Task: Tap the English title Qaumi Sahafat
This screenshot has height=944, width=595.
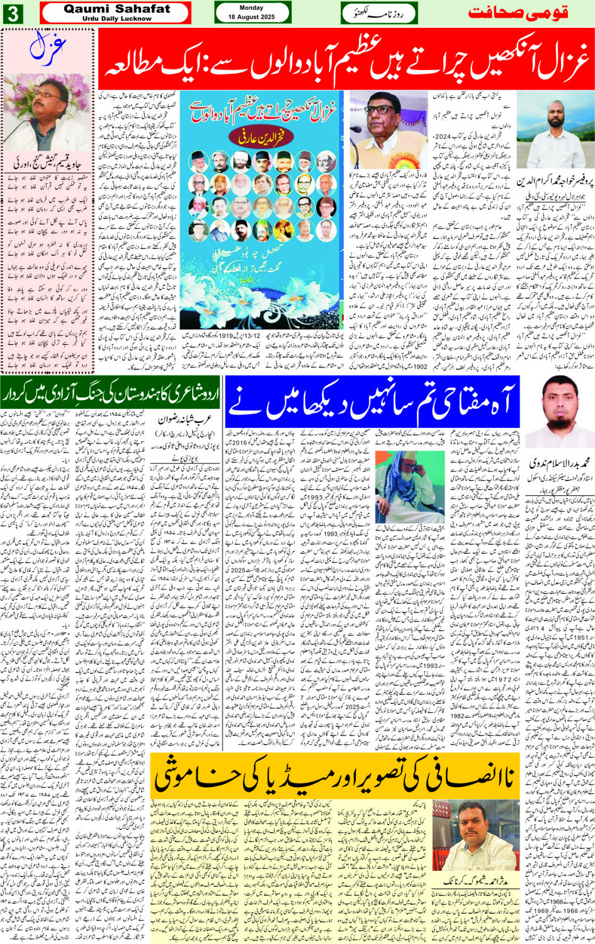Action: click(116, 9)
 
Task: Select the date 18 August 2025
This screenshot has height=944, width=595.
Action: click(252, 17)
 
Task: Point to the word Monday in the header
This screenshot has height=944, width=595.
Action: click(252, 8)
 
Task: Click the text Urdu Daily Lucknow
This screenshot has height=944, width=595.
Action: click(116, 19)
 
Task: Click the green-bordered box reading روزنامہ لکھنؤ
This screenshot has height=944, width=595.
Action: click(380, 13)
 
